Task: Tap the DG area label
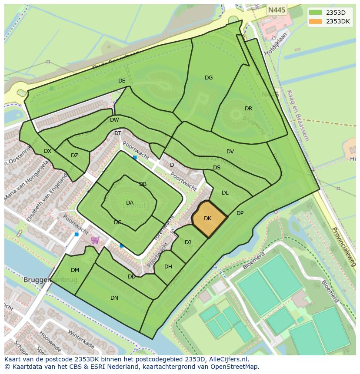click(209, 78)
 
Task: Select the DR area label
click(248, 109)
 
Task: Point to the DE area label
click(122, 81)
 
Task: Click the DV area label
click(230, 152)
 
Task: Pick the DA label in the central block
click(130, 203)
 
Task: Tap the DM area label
click(75, 270)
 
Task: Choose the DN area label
click(114, 298)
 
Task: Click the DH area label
click(168, 267)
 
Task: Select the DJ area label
click(188, 242)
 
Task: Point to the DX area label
click(47, 151)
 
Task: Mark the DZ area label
click(74, 156)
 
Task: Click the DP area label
click(240, 213)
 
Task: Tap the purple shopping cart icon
click(95, 240)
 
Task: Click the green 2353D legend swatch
click(316, 13)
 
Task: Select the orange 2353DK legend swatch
click(316, 21)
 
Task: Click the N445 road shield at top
click(277, 10)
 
